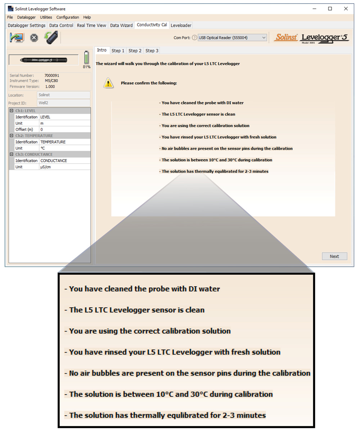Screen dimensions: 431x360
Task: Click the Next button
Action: coord(334,256)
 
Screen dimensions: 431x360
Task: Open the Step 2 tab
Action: coord(135,51)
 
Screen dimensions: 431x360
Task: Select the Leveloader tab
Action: coord(181,25)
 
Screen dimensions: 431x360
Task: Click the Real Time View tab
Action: coord(91,25)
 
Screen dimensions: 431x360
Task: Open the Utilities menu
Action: coord(46,17)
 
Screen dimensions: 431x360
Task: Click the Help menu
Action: coord(87,17)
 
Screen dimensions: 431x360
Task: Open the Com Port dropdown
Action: coord(233,37)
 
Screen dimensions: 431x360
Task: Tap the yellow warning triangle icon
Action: coord(108,83)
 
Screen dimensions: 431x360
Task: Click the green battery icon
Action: coord(86,58)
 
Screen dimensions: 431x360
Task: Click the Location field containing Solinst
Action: coord(63,95)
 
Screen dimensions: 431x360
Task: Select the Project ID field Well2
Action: coord(63,103)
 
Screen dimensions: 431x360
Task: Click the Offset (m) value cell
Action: coord(64,129)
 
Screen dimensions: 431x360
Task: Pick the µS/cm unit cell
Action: coord(64,167)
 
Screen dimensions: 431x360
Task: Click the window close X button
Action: coord(346,9)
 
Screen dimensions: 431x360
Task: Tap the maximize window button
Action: coord(330,9)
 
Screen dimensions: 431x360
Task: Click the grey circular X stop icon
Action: coord(34,38)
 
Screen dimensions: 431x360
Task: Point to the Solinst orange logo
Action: coord(286,37)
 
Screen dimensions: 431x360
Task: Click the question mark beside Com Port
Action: coord(194,37)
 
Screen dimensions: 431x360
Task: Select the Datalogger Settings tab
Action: coord(27,25)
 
